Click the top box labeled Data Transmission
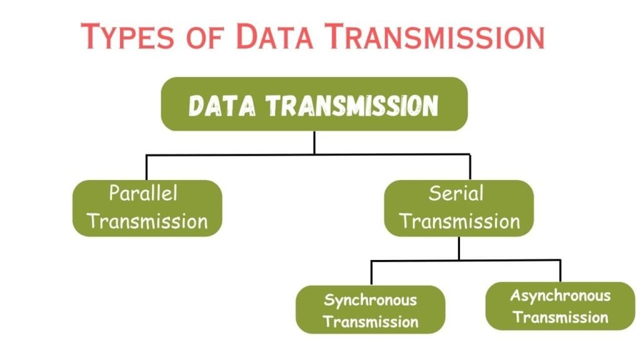click(314, 104)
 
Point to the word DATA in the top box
click(222, 106)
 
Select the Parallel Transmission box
click(147, 207)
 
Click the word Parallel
click(143, 193)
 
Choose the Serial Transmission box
click(459, 207)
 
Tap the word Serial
click(456, 193)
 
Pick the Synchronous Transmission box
click(370, 310)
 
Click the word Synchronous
click(370, 299)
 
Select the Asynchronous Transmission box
click(560, 306)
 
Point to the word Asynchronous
click(560, 295)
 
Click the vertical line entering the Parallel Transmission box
click(146, 167)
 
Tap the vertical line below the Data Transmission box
click(314, 142)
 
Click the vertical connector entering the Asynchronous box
click(560, 271)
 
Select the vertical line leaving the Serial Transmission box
click(459, 248)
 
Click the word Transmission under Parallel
click(147, 221)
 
